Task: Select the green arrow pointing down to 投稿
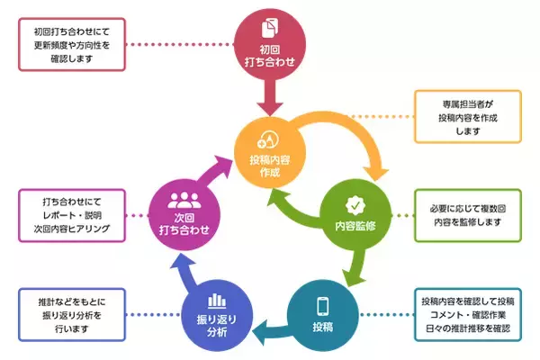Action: (354, 266)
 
